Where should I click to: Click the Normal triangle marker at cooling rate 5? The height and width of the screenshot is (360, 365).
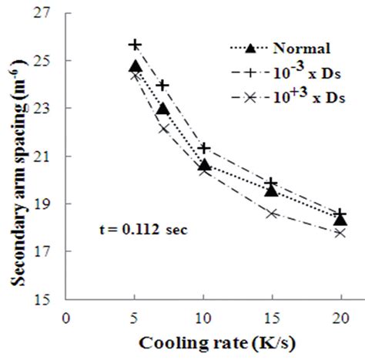tap(136, 67)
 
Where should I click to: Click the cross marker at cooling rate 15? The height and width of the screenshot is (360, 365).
tap(272, 213)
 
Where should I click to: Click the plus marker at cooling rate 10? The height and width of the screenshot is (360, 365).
tap(204, 147)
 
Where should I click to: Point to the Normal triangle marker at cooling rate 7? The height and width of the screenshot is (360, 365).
tap(162, 109)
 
